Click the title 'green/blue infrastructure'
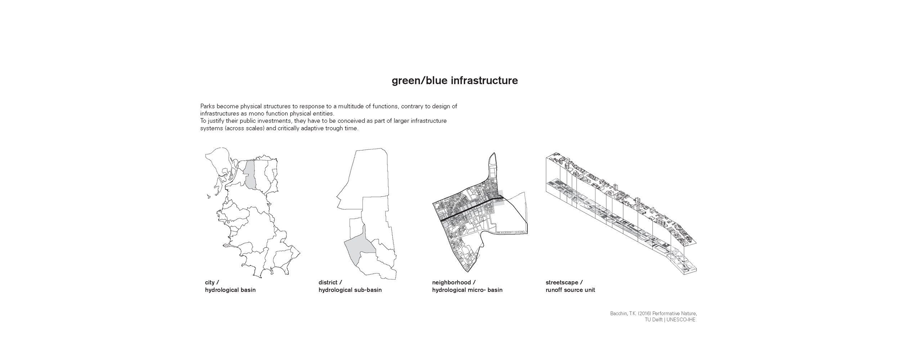pos(455,81)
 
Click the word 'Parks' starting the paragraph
pos(208,107)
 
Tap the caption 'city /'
pos(212,283)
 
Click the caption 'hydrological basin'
pos(230,290)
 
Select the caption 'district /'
pos(330,283)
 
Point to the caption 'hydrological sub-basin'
pos(350,290)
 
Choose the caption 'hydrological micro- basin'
pos(467,290)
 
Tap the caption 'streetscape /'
pos(564,283)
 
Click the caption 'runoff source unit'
pos(570,290)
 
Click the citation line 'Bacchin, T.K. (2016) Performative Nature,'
pos(653,314)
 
